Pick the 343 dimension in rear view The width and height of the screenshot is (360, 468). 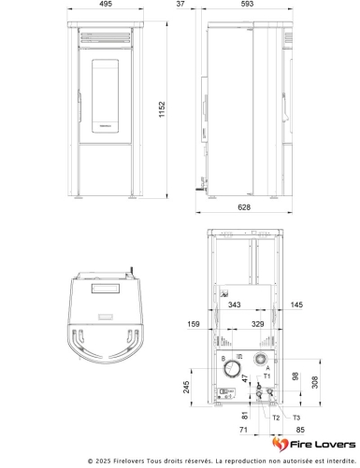(234, 305)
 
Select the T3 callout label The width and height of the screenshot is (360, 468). (296, 418)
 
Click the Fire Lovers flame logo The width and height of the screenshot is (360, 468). (279, 445)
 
